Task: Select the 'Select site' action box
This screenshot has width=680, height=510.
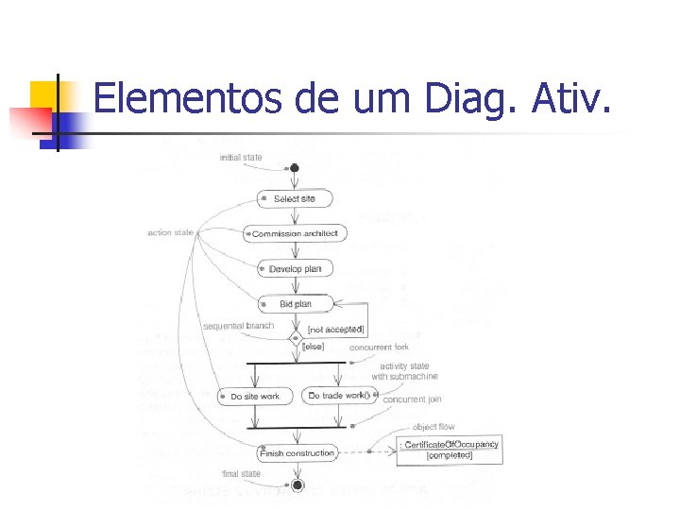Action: [295, 199]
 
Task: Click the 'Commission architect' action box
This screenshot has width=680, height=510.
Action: [296, 233]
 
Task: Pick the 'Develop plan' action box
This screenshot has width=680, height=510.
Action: [295, 269]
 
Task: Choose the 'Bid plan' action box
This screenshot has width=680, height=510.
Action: [295, 304]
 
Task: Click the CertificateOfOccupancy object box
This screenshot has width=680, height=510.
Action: [450, 449]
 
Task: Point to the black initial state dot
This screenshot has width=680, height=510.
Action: [295, 168]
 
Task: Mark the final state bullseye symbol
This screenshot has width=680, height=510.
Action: [297, 484]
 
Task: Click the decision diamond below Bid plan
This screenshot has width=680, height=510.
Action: [296, 337]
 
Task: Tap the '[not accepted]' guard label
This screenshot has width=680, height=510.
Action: [336, 329]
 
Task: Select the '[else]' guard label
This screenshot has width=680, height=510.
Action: [313, 347]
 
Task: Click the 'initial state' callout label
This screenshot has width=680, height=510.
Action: [241, 157]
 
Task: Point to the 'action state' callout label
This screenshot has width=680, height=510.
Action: [170, 232]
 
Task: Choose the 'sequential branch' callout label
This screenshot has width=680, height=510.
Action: [238, 326]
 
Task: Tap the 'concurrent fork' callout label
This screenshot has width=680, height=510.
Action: [379, 348]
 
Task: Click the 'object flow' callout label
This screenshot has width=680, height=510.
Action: [433, 427]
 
